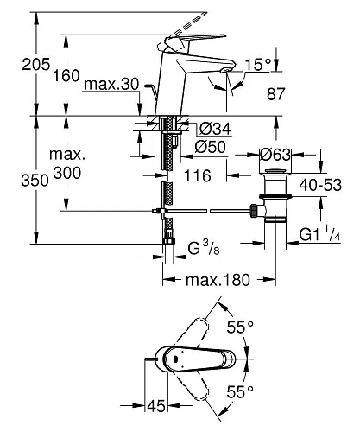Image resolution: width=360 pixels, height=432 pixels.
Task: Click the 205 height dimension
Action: pyautogui.click(x=36, y=64)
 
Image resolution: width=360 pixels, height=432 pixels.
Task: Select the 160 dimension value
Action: pyautogui.click(x=66, y=76)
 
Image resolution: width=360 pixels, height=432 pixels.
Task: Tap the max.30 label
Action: pyautogui.click(x=112, y=85)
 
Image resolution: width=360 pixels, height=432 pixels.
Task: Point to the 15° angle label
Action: pyautogui.click(x=258, y=65)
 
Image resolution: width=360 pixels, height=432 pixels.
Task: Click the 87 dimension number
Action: pyautogui.click(x=276, y=94)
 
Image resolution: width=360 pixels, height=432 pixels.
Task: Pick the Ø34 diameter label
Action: pyautogui.click(x=215, y=129)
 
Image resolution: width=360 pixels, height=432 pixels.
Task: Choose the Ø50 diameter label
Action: pyautogui.click(x=210, y=147)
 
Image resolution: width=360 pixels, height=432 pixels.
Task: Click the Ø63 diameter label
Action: pyautogui.click(x=275, y=155)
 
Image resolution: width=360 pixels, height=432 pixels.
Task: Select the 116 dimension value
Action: pyautogui.click(x=198, y=175)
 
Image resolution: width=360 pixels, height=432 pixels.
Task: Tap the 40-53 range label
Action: pyautogui.click(x=320, y=185)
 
